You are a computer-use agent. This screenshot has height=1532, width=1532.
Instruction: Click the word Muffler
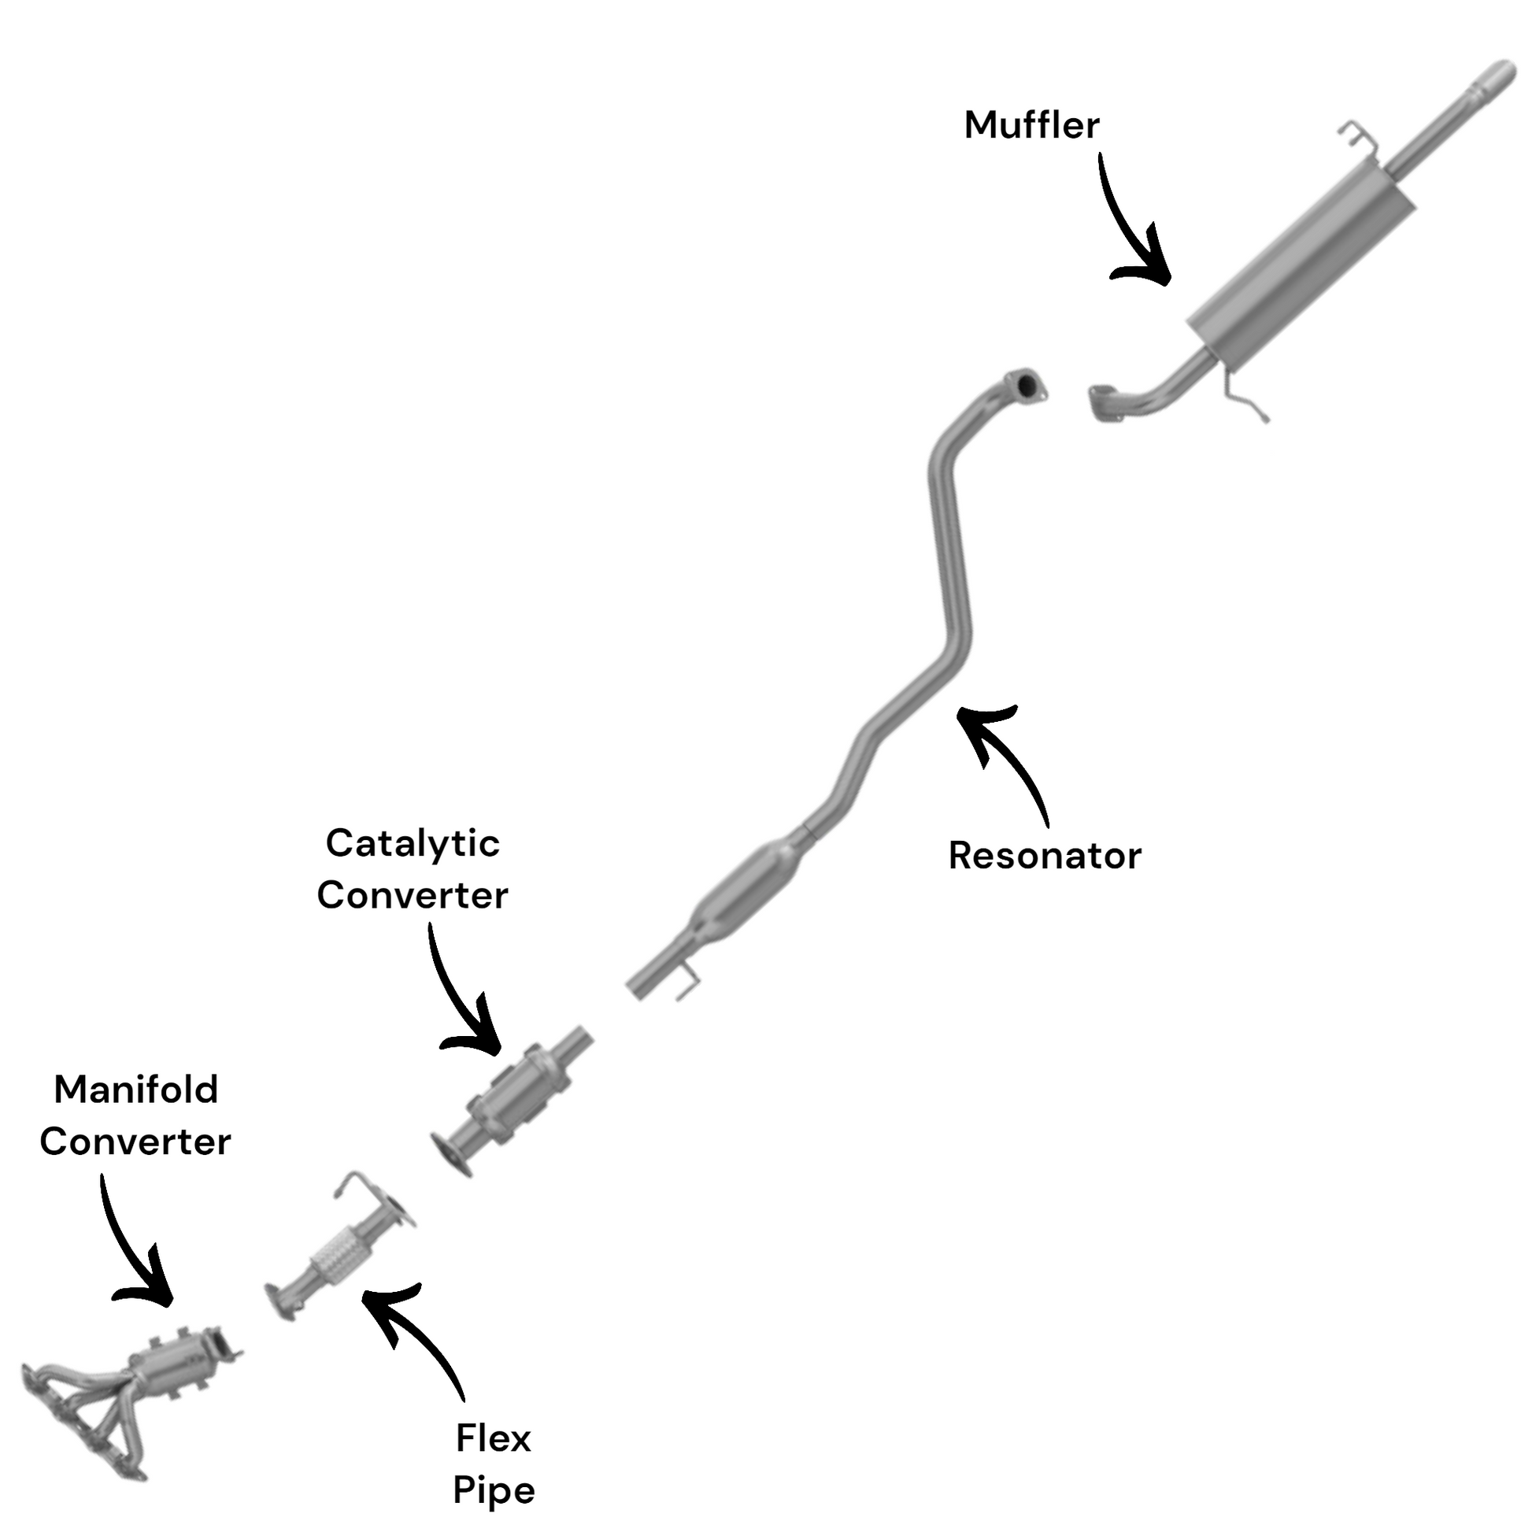click(1031, 125)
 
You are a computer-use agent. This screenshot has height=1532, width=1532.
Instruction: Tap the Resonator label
click(1045, 856)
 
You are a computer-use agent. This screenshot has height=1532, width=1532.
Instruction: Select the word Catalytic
click(413, 843)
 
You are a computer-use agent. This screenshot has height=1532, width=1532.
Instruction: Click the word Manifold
click(135, 1090)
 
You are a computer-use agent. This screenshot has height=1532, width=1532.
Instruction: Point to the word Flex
click(494, 1438)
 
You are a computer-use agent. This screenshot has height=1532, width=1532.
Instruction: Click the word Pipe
click(494, 1490)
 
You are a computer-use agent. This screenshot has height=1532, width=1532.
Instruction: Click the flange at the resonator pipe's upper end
click(1026, 386)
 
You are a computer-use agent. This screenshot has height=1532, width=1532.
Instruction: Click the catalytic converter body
click(520, 1094)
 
